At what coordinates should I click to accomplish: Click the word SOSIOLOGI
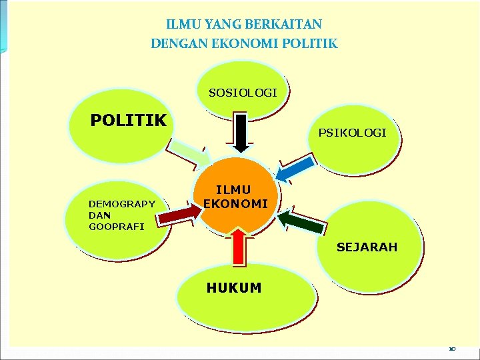[x=243, y=93]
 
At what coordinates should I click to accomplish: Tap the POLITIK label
[x=128, y=121]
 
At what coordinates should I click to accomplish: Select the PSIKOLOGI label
[x=352, y=133]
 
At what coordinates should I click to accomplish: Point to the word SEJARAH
[x=367, y=247]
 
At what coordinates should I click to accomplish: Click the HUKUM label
[x=234, y=288]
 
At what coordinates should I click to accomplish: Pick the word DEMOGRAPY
[x=121, y=204]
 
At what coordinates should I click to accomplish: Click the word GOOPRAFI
[x=116, y=227]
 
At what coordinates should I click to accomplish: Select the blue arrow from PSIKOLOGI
[x=293, y=169]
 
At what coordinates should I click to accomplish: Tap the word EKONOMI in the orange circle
[x=235, y=203]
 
